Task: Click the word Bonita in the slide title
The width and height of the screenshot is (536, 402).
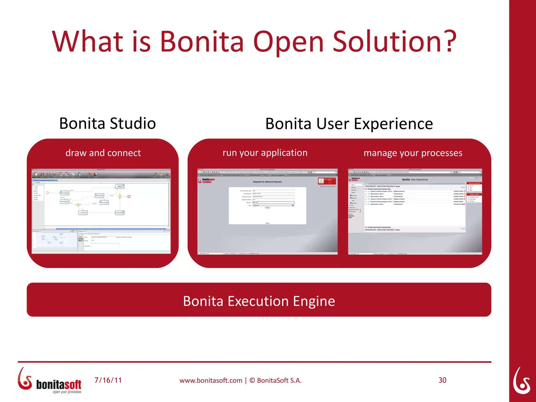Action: pos(202,41)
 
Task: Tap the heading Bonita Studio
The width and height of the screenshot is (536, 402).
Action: pos(107,123)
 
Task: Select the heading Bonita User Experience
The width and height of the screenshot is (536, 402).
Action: pos(349,124)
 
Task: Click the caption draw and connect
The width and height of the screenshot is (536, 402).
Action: pos(103,153)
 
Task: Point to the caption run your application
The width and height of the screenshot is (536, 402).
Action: pos(265,153)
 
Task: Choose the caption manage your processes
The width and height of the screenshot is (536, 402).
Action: pos(413,153)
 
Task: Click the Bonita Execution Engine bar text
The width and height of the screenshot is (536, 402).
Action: pos(259,301)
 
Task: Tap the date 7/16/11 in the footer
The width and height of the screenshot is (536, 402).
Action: pos(108,380)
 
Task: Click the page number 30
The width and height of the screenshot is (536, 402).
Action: pos(442,380)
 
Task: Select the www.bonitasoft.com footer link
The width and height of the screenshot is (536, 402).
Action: pos(211,380)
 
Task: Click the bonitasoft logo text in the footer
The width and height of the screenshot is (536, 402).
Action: pos(59,384)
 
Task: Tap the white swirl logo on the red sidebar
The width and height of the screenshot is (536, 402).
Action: pos(521,381)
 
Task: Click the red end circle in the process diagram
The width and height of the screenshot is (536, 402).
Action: pos(129,197)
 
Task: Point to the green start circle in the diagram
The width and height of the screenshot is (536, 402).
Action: pos(47,193)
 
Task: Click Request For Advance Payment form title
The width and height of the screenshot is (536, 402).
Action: pos(267,182)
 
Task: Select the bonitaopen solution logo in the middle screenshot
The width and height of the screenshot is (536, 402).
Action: pos(206,181)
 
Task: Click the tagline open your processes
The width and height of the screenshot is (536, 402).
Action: pos(67,392)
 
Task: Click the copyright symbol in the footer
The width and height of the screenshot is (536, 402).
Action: pos(252,380)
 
